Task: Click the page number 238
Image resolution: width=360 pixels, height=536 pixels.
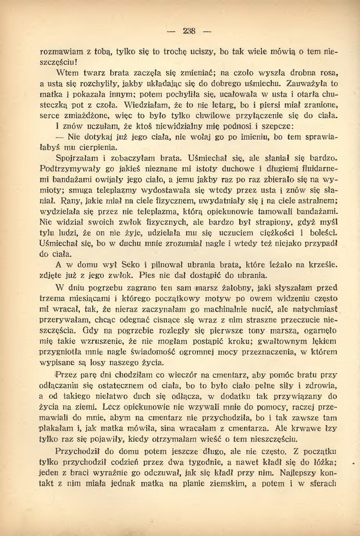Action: point(189,31)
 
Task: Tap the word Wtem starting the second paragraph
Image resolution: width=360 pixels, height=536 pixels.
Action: point(67,73)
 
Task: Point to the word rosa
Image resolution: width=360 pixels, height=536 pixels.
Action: point(329,73)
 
